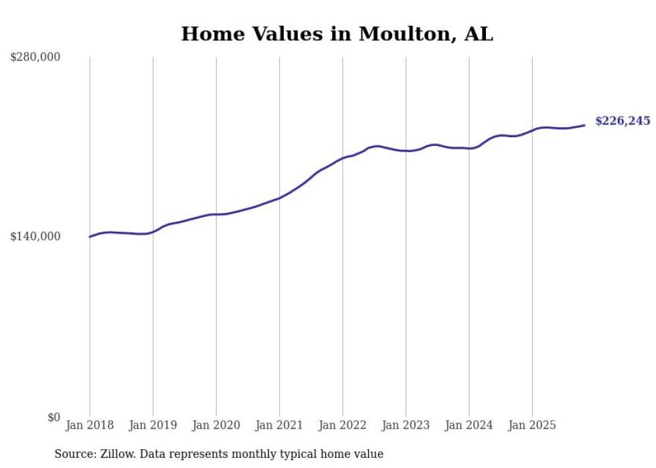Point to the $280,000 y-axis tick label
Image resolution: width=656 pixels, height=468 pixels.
(35, 58)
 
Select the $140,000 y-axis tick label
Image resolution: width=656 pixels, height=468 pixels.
(35, 236)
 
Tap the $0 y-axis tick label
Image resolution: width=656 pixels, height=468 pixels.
(54, 417)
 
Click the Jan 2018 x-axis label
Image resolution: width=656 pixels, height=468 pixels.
(90, 425)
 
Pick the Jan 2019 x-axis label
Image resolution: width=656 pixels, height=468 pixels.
(153, 425)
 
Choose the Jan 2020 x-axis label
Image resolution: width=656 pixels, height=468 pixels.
(216, 425)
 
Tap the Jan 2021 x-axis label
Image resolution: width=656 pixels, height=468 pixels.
(279, 425)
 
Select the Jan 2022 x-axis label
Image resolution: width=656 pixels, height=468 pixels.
(343, 425)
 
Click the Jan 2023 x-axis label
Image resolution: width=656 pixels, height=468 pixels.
(406, 425)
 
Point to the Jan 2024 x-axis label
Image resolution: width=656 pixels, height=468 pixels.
(469, 425)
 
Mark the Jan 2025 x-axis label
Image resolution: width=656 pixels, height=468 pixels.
(532, 425)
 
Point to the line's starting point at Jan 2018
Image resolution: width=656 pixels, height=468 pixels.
(90, 236)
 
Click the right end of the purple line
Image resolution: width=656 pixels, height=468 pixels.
(584, 125)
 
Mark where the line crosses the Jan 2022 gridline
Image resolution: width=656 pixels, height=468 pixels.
(343, 158)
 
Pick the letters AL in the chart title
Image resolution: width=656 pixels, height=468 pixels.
(479, 34)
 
